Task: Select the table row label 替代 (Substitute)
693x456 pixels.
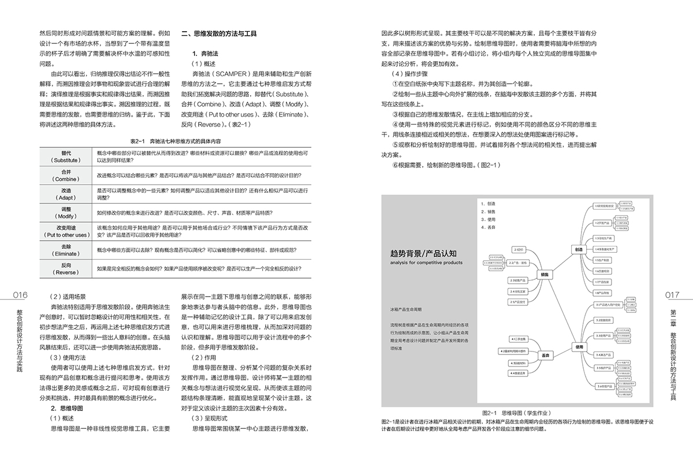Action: tap(66, 156)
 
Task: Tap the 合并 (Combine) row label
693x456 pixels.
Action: tap(66, 175)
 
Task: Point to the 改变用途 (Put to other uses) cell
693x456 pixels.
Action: tap(66, 231)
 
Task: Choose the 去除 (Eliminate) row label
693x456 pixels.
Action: tap(66, 250)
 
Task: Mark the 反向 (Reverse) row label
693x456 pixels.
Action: tap(66, 268)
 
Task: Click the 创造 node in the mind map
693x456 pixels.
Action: tap(578, 250)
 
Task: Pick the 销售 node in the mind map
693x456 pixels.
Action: tap(543, 275)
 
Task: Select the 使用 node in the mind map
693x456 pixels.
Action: tap(579, 347)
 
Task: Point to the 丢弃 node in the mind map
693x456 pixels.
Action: tap(544, 355)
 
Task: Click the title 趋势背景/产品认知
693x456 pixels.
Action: tap(426, 253)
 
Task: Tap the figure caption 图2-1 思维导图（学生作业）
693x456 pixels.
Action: tap(517, 413)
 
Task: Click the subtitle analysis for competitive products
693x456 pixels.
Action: tap(426, 263)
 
